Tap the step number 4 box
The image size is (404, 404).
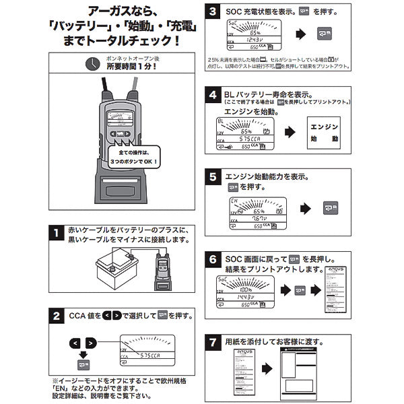(x=213, y=96)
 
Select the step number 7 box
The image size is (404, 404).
(x=213, y=341)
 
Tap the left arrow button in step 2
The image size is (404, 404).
(x=75, y=343)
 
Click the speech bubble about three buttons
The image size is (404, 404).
(x=134, y=158)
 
